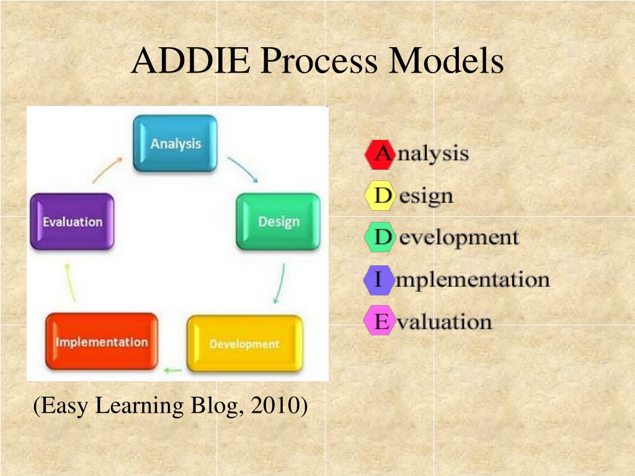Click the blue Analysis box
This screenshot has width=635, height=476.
tap(176, 143)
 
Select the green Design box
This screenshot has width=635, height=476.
tap(278, 221)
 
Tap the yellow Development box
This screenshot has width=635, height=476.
tap(244, 343)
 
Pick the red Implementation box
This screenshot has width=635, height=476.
tap(102, 342)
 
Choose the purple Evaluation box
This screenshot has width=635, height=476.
tap(72, 221)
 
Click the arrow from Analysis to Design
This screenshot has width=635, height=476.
tap(242, 169)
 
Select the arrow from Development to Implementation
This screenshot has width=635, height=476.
tap(172, 371)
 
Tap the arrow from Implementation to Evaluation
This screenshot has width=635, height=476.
tap(70, 282)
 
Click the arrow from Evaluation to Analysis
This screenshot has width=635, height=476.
tap(107, 169)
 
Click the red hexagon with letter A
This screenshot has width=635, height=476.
tap(380, 154)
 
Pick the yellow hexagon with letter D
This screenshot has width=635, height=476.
tap(379, 196)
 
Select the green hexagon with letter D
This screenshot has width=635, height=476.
tap(380, 238)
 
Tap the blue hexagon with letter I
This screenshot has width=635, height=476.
tap(378, 280)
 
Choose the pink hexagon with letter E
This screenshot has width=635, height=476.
tap(379, 322)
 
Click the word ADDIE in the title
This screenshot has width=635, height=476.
tap(190, 61)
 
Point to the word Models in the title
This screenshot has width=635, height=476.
tap(446, 61)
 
